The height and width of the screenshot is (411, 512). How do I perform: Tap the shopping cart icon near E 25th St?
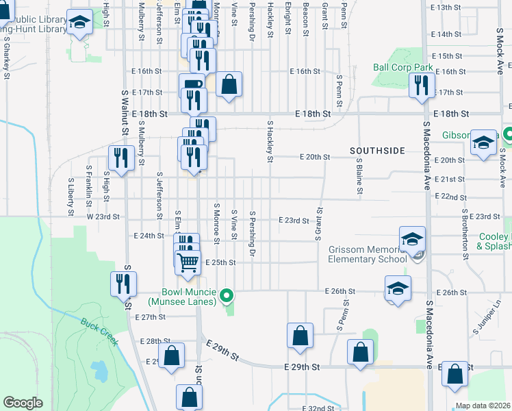(188, 261)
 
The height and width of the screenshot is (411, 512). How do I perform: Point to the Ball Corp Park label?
(402, 68)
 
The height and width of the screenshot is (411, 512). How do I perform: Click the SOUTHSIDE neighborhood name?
(377, 150)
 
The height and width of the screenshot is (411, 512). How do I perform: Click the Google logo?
(23, 403)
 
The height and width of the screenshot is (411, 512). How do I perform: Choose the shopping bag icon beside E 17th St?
(231, 85)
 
